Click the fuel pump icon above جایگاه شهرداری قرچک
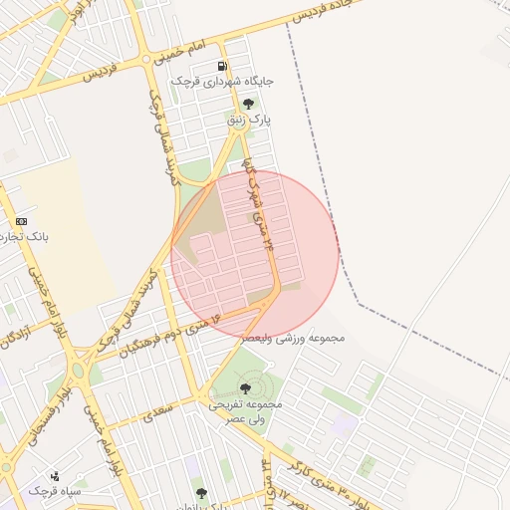[x=221, y=67]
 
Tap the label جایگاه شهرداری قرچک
[x=221, y=81]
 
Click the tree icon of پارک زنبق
[x=248, y=104]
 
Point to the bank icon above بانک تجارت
[x=22, y=221]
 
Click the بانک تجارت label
[x=24, y=237]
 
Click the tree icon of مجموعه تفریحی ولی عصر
[x=245, y=388]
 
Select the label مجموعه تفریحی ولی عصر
[x=246, y=411]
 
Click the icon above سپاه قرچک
[x=54, y=474]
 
